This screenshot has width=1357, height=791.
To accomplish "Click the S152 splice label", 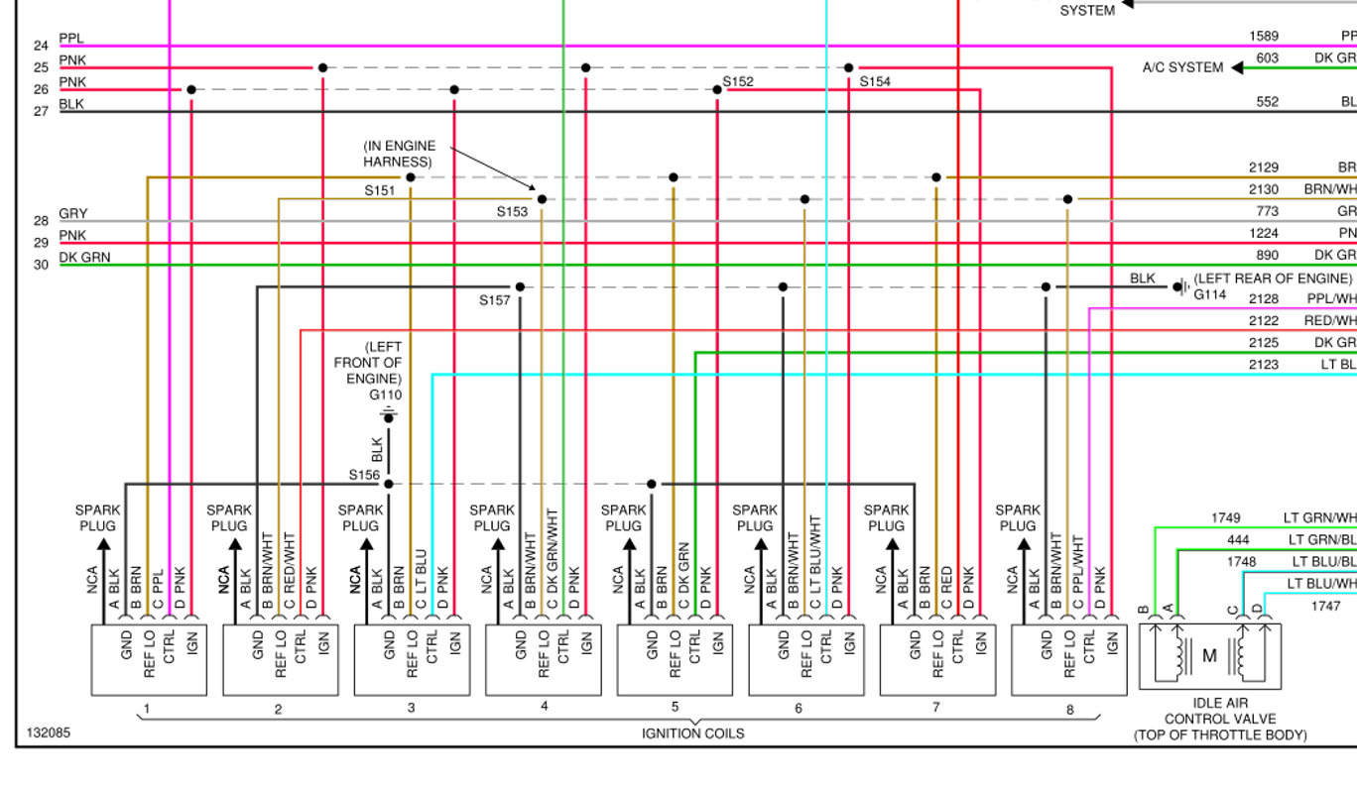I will (x=738, y=81).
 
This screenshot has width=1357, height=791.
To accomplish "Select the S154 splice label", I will (x=875, y=81).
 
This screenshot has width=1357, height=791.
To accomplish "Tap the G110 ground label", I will (x=386, y=395).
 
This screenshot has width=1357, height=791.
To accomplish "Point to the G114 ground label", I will (x=1209, y=294).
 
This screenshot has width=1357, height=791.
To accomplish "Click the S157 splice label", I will (x=496, y=299).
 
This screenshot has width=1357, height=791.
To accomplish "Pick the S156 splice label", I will (x=364, y=475).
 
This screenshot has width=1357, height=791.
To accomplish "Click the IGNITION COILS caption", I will (x=692, y=734).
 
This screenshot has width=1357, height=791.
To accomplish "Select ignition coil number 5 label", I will (x=675, y=707).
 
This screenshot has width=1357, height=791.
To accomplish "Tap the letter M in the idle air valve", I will (x=1209, y=655).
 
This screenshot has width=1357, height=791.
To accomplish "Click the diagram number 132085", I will (x=48, y=734).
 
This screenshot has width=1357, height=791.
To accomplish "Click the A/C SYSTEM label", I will (x=1182, y=67).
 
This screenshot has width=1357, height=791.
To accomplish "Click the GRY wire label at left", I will (x=72, y=213).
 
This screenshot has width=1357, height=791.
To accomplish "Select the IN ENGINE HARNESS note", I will (x=399, y=154).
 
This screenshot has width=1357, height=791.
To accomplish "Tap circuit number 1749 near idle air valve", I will (x=1225, y=517).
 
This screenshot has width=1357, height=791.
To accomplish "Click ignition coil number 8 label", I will (x=1069, y=710).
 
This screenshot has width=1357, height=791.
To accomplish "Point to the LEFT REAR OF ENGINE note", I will (x=1272, y=279).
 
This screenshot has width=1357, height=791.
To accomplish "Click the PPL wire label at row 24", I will (x=71, y=39).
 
